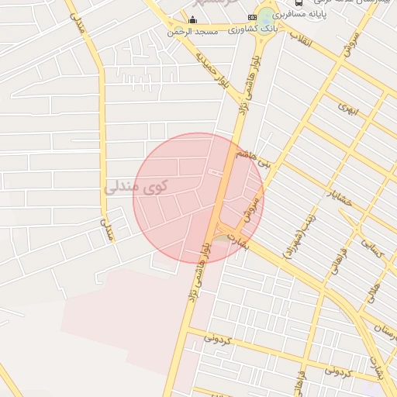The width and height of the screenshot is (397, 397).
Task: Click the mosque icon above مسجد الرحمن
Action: [x=193, y=19]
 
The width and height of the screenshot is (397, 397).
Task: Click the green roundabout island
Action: [x=268, y=16]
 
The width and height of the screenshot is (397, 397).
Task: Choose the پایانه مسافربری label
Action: [x=318, y=14]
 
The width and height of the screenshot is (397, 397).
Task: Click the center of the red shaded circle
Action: [x=198, y=198]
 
